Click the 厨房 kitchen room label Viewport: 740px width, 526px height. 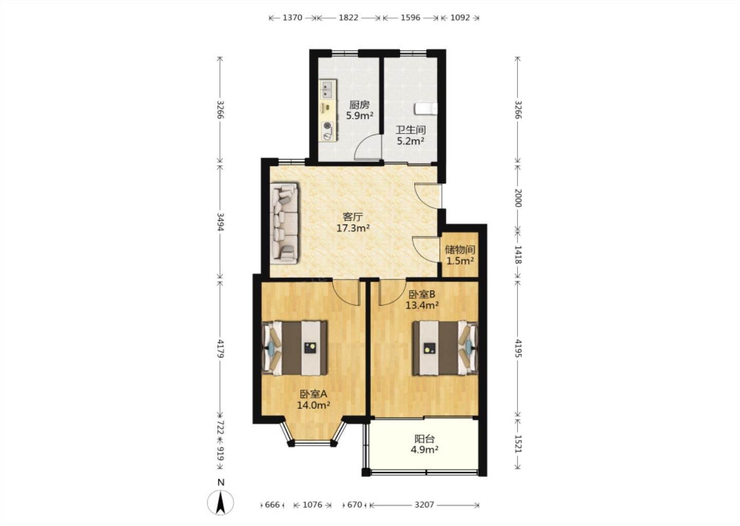coord(359,105)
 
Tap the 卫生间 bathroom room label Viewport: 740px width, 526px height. coord(411,130)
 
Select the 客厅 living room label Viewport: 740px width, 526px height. coord(353,217)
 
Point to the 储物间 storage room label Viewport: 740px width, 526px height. coord(460,250)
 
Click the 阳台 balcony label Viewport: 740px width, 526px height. coord(424,439)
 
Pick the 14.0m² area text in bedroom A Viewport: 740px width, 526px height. coord(313,405)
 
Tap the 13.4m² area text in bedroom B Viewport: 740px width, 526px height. coord(422,305)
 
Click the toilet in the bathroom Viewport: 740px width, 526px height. coord(426,108)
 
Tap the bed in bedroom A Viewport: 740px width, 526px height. coord(294,348)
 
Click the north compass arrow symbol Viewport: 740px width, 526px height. coord(220,502)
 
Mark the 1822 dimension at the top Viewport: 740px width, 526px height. coord(348,17)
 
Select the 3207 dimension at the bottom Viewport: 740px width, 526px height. coord(424,505)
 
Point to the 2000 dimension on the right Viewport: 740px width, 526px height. coord(517,198)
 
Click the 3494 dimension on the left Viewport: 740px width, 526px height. coord(220,222)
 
